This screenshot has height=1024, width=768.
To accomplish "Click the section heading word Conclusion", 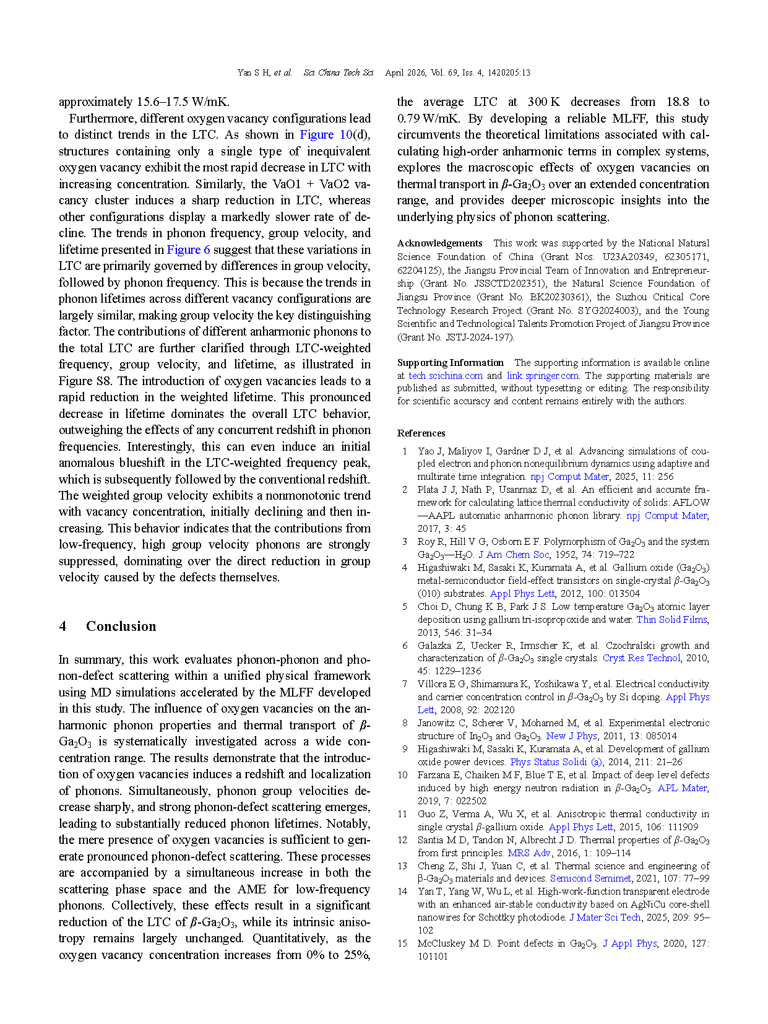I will [121, 627].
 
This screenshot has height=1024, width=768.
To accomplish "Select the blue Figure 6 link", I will [189, 249].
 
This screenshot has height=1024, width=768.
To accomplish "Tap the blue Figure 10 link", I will [326, 134].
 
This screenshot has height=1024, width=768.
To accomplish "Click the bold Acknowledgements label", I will [439, 243].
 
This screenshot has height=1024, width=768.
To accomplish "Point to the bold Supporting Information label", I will [450, 363].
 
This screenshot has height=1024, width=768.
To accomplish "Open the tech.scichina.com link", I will [445, 376].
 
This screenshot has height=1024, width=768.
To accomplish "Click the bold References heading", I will [421, 433].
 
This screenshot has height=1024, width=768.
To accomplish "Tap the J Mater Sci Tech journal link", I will [605, 918].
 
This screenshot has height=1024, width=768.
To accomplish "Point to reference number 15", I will [402, 944].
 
